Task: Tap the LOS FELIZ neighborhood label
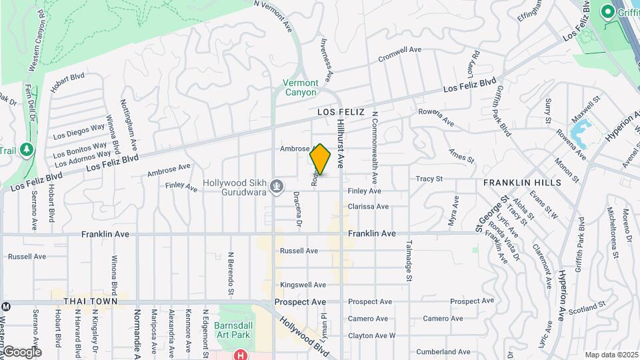(x=341, y=112)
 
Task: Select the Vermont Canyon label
(x=301, y=87)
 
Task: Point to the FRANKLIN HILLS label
(x=522, y=182)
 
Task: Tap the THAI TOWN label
(x=91, y=301)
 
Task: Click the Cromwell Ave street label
(x=400, y=54)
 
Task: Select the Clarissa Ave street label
(x=368, y=207)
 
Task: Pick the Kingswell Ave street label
(x=303, y=285)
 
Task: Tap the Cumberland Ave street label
(x=443, y=351)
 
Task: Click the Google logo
(x=22, y=352)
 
